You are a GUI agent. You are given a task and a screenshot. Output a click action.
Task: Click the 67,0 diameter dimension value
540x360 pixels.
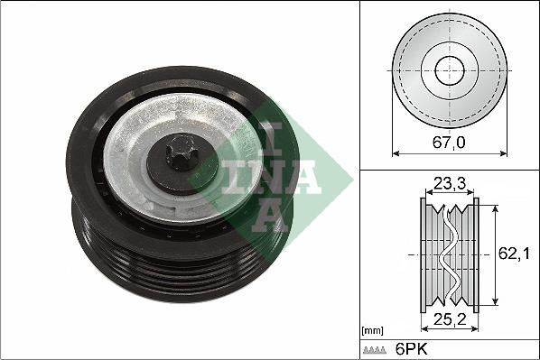pyautogui.click(x=449, y=141)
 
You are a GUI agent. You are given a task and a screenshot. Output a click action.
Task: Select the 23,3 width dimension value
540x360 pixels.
pyautogui.click(x=449, y=184)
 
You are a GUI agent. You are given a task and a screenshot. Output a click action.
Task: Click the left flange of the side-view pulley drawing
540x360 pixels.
pyautogui.click(x=424, y=255)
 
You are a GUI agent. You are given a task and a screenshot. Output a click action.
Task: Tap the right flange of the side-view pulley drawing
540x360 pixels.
pyautogui.click(x=475, y=255)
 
